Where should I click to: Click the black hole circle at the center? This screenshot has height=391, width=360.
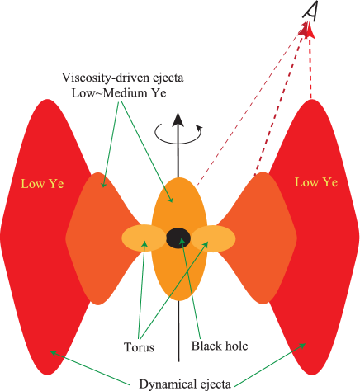(178, 238)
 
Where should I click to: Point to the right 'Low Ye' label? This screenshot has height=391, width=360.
(316, 182)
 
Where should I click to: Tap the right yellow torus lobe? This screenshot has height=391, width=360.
(214, 239)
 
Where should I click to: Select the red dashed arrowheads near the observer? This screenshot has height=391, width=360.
(310, 28)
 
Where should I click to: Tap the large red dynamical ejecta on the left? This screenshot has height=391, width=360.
(37, 256)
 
